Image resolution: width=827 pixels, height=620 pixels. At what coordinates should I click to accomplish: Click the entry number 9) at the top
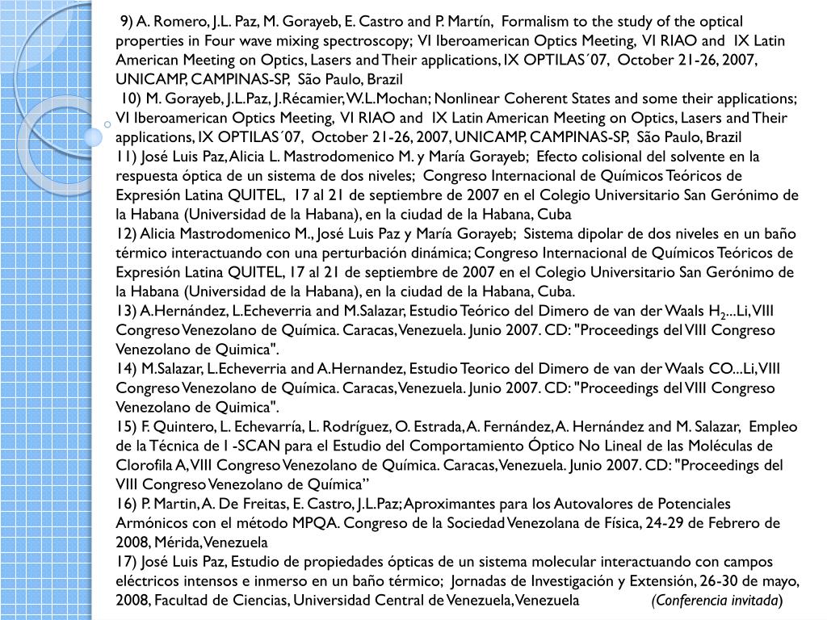[x=127, y=21]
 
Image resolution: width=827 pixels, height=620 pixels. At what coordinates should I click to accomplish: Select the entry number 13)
[x=126, y=311]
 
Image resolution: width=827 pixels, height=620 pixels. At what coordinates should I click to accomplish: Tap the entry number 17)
[x=126, y=562]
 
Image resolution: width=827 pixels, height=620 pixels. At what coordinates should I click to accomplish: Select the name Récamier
[x=313, y=98]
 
